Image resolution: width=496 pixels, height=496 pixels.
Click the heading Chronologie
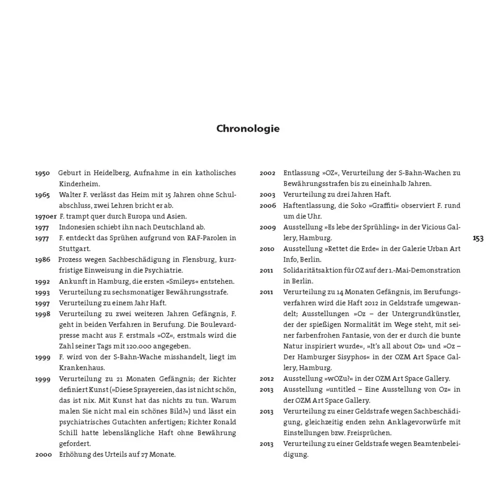pos(248,129)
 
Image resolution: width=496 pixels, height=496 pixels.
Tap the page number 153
pos(478,238)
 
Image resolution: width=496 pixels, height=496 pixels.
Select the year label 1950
pos(42,173)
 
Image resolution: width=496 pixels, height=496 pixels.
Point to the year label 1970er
pos(46,216)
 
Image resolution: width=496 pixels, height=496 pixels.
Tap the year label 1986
pos(42,260)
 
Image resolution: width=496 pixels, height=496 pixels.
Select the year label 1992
pos(42,281)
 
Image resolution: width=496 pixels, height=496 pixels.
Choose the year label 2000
pos(43,455)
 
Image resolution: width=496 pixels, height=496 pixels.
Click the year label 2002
pos(267,173)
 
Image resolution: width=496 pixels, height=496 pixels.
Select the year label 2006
pos(267,205)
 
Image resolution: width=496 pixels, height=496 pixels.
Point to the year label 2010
pos(267,249)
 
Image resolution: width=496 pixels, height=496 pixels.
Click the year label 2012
pos(267,379)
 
